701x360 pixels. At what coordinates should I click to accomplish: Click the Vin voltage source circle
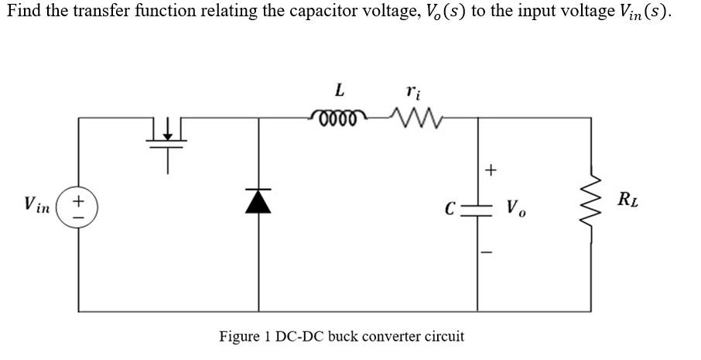[x=78, y=208]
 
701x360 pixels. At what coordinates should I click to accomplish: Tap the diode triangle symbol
[x=258, y=201]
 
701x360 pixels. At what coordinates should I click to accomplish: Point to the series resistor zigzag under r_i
[x=407, y=118]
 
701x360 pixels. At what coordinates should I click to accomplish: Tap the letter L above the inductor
[x=339, y=90]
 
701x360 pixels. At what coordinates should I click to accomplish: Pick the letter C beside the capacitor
[x=450, y=208]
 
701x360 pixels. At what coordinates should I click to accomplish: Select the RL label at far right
[x=627, y=203]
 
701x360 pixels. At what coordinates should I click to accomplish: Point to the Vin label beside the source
[x=37, y=205]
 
